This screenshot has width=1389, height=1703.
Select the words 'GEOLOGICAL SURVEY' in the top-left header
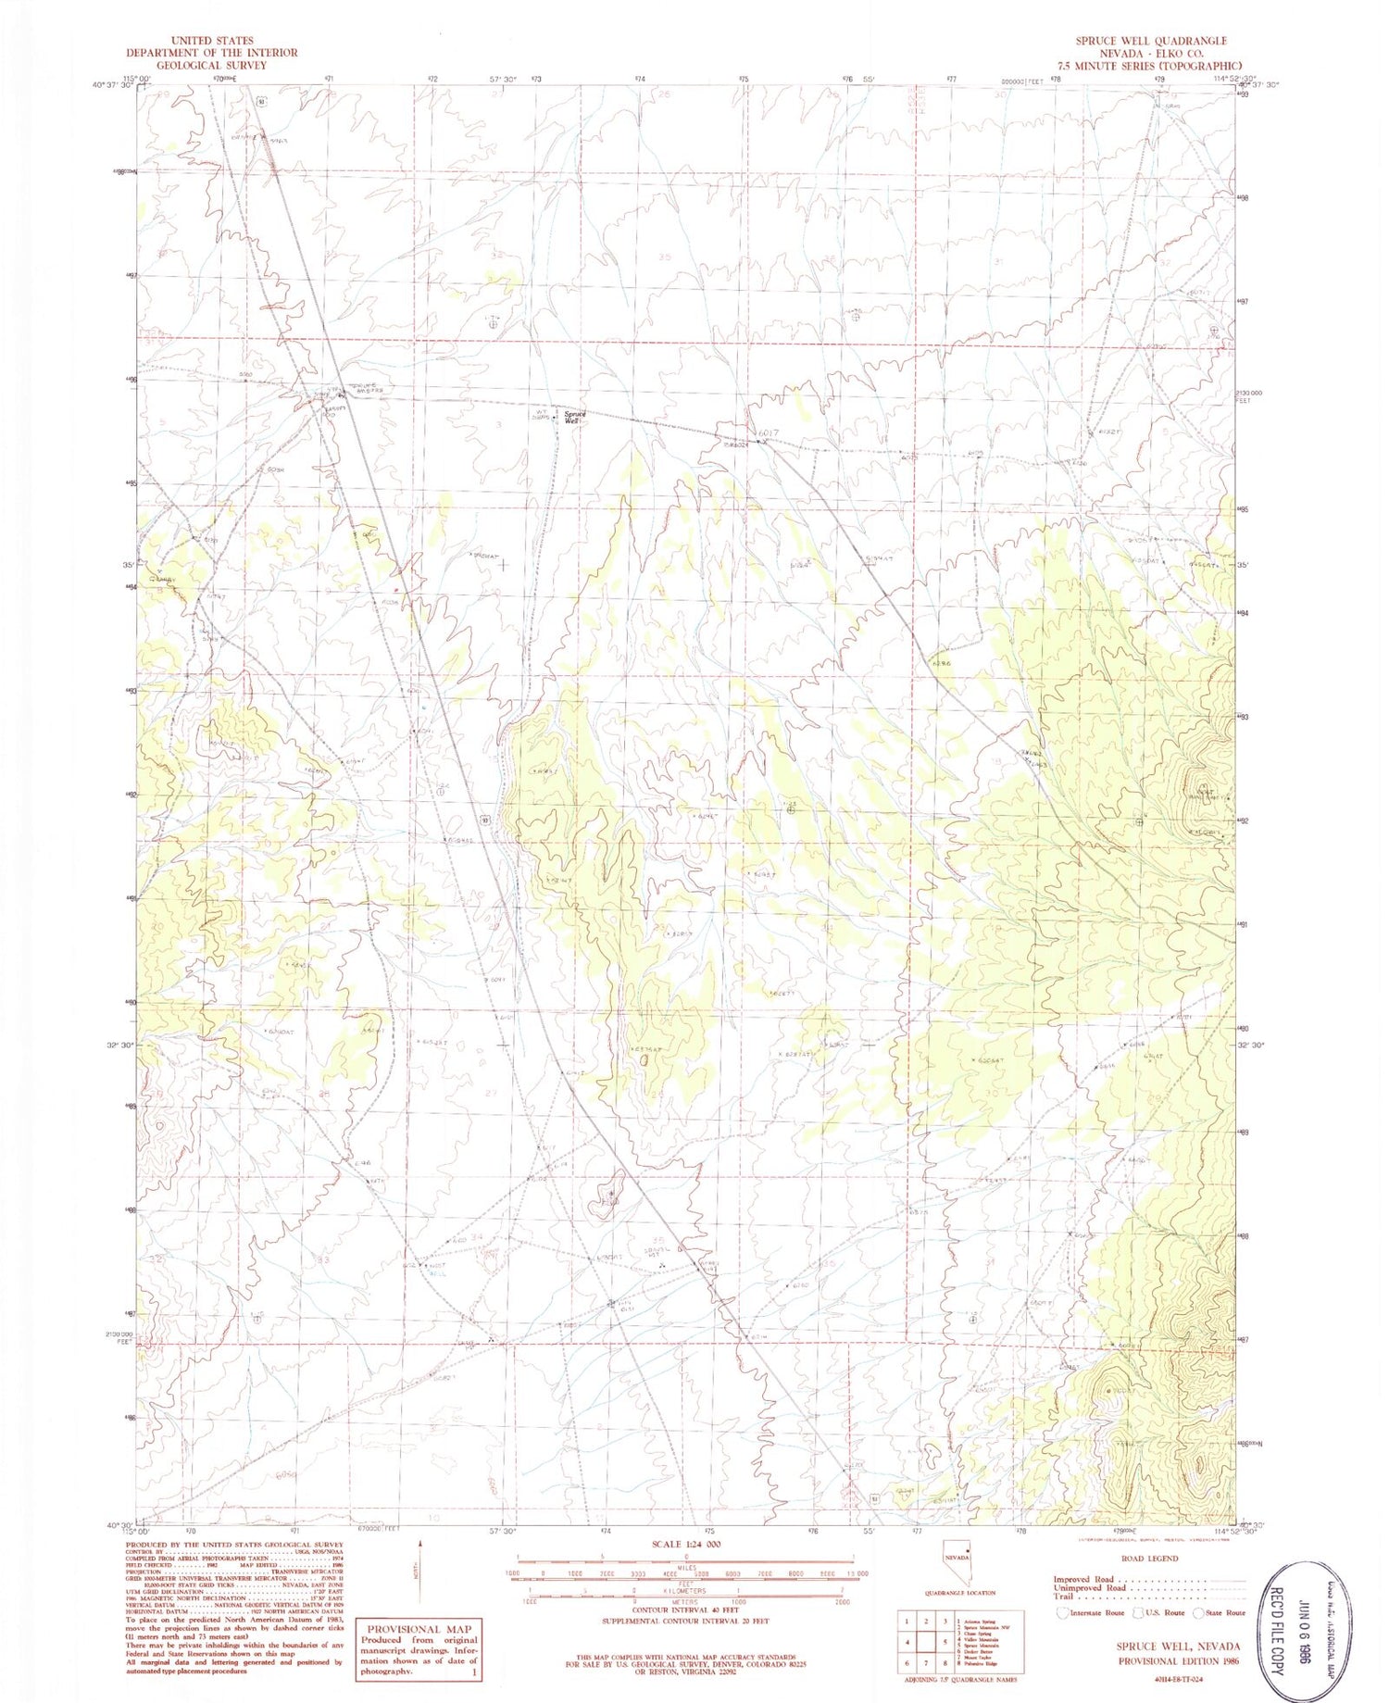(205, 65)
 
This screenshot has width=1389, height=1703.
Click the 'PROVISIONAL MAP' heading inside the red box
(419, 1629)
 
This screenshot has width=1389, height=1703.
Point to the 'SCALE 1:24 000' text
(685, 1544)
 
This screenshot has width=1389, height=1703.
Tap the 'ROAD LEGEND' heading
(1149, 1558)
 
